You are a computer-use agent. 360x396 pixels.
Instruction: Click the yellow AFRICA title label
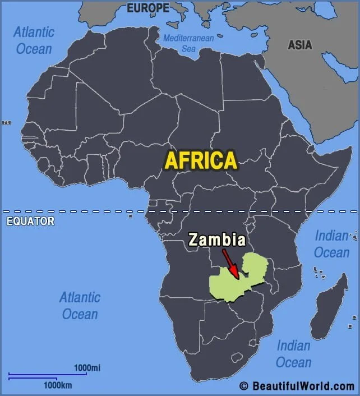200,160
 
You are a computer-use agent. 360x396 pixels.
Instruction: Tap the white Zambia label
217,240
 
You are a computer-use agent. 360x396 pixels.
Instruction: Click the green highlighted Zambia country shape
252,269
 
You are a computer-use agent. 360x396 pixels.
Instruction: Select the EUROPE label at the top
148,8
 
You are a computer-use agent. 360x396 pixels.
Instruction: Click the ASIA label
300,45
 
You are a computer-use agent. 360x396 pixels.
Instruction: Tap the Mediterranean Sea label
188,43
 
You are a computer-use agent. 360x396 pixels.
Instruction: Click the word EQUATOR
30,221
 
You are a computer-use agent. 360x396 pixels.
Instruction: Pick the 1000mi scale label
87,367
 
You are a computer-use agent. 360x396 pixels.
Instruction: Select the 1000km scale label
58,385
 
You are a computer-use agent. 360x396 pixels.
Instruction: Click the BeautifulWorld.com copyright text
303,386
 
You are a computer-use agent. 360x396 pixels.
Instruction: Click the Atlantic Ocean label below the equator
80,305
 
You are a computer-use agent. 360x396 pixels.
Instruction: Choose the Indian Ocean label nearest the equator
331,245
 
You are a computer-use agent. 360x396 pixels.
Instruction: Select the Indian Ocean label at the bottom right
293,354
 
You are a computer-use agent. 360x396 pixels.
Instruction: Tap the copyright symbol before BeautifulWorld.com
243,386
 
